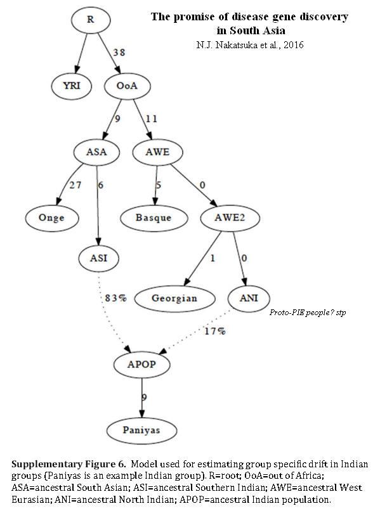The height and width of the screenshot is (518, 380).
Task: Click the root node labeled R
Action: pos(90,20)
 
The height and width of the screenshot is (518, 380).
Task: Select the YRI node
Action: pos(72,86)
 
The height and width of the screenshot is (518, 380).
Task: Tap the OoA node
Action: pos(128,86)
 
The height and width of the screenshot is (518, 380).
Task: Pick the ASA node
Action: pos(96,152)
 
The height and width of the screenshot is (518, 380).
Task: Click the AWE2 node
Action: pos(230,217)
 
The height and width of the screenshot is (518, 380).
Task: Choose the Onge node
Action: pos(52,218)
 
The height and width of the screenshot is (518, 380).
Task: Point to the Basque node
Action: pos(154,218)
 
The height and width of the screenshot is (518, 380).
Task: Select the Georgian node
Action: pos(174,299)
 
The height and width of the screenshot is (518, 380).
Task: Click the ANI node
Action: pos(249,299)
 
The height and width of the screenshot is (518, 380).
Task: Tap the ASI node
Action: pos(98,258)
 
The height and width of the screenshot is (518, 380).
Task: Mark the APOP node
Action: pos(141,365)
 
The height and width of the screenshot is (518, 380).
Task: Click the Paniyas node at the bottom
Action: pos(141,431)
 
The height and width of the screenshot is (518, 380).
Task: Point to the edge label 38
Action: pos(119,53)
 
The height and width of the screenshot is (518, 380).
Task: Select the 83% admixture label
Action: pos(116,298)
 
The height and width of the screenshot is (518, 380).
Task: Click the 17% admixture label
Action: pos(215,331)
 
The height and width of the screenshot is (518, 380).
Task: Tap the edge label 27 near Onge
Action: pos(75,185)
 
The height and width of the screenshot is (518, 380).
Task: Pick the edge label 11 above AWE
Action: pos(152,119)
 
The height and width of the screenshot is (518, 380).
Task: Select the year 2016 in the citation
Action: pos(294,45)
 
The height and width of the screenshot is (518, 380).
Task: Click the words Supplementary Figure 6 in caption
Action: pos(69,464)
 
